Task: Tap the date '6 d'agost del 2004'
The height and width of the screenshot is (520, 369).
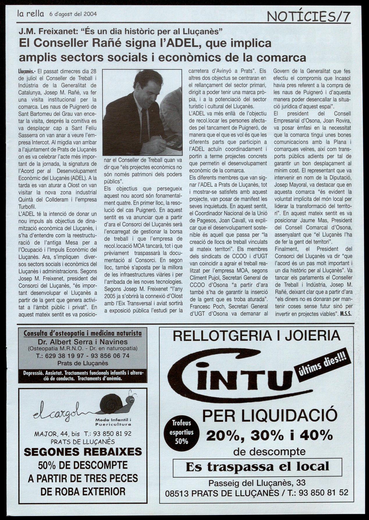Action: click(x=73, y=14)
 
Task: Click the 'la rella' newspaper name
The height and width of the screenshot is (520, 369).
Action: click(x=30, y=13)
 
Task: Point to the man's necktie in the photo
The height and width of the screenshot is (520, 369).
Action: click(x=145, y=126)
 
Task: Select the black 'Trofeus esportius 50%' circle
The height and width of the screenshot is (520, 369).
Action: click(x=181, y=432)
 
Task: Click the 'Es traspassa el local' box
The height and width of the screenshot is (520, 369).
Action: click(x=257, y=467)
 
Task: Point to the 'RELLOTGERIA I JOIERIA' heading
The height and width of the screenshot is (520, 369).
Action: click(x=256, y=336)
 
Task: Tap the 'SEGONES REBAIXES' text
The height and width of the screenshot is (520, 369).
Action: click(x=83, y=452)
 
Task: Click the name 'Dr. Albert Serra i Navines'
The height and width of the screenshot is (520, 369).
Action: click(x=83, y=342)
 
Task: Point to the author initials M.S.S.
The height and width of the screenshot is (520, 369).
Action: click(x=346, y=314)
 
